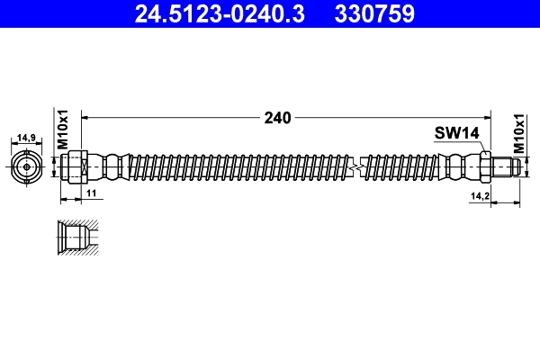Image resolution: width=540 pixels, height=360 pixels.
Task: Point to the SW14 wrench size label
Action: [x=455, y=132]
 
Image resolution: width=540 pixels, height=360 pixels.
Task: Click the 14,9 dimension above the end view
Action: [x=27, y=139]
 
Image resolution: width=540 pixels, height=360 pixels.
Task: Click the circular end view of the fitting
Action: [x=27, y=166]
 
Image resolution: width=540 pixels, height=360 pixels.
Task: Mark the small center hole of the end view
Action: [x=27, y=166]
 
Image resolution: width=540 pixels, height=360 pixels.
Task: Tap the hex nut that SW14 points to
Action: [x=485, y=166]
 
